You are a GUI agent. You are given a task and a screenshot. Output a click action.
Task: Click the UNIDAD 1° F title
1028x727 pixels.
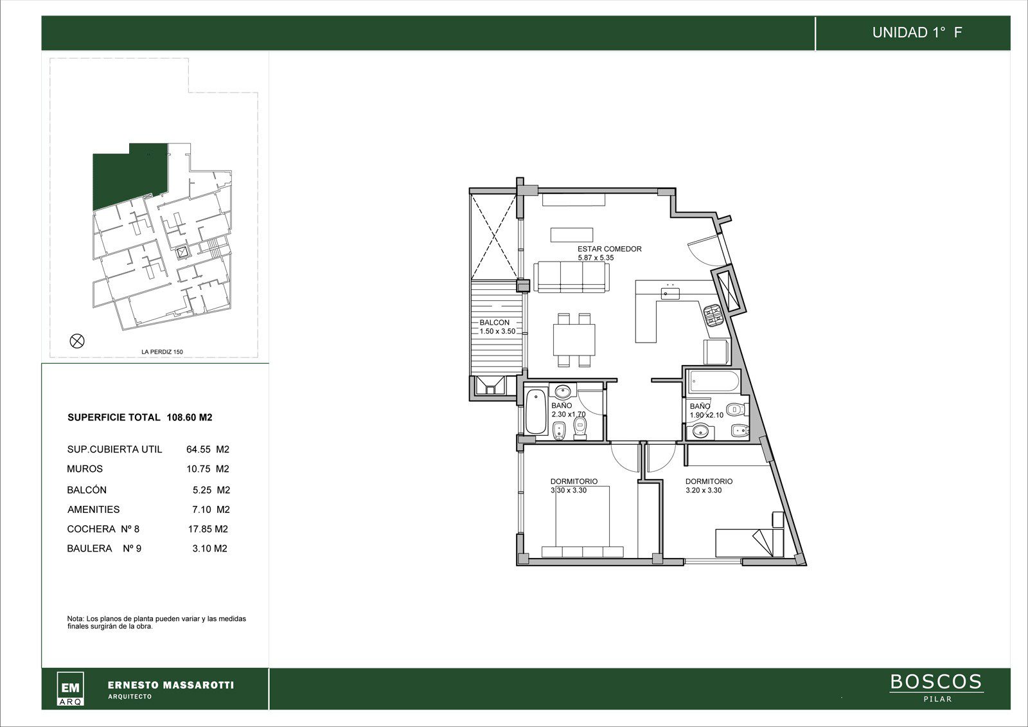tap(916, 33)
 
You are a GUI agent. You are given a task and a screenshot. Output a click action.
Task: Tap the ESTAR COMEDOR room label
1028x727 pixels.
tap(610, 249)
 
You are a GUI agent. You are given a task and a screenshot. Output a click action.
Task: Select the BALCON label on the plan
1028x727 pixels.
tap(494, 323)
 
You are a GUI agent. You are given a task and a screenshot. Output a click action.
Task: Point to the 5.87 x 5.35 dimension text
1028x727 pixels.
tap(596, 258)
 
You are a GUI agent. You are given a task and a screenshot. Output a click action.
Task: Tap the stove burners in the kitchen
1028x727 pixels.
tap(713, 314)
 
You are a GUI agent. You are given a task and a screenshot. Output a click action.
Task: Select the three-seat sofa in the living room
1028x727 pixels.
tap(571, 276)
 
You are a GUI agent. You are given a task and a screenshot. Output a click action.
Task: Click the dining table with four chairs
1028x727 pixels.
tap(574, 340)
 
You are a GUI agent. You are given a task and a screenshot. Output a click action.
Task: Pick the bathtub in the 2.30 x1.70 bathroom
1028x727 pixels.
tap(536, 412)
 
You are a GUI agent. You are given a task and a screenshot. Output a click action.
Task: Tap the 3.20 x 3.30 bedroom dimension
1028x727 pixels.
tap(704, 490)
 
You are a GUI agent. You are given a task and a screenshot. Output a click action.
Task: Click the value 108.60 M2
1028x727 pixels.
tap(190, 417)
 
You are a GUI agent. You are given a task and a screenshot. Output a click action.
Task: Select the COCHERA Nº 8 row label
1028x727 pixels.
tap(103, 529)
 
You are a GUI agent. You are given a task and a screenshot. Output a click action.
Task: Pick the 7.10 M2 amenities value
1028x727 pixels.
tap(211, 509)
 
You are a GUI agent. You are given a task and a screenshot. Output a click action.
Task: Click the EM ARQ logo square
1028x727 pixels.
tap(70, 688)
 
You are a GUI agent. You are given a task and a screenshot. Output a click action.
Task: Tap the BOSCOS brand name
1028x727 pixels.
tap(936, 682)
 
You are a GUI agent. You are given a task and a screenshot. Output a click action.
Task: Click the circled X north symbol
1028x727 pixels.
tap(77, 341)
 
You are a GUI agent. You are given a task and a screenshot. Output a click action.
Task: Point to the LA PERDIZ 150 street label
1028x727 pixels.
tap(162, 352)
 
